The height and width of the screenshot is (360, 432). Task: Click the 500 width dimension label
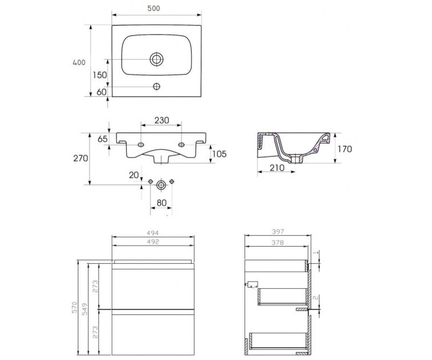point(153,8)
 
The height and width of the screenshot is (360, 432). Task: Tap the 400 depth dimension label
point(79,63)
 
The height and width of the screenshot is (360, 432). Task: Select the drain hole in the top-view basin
point(157,59)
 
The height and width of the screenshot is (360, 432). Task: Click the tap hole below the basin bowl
point(157,86)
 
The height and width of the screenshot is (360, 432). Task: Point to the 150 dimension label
point(100,75)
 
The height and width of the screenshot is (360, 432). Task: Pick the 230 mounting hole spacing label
point(162,120)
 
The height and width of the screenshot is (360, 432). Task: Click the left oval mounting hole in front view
point(141,145)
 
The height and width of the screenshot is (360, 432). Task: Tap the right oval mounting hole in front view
point(181,145)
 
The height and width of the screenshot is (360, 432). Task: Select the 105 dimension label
point(219,154)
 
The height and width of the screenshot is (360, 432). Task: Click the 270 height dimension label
point(81,158)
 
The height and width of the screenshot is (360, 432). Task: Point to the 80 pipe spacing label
point(162,203)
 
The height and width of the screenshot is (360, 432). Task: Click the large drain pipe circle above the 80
point(161,185)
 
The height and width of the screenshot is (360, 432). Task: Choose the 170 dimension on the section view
point(345,149)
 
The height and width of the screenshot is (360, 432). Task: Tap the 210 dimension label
point(277,168)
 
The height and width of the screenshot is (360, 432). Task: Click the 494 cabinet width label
point(153,233)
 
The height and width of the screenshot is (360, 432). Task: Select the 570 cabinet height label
point(75,307)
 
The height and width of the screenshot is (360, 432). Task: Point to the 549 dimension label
point(85,309)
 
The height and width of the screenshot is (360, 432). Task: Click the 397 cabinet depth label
point(278,232)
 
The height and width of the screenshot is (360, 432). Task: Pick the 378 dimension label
point(278,243)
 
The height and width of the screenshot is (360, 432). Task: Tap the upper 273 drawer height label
point(95,286)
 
